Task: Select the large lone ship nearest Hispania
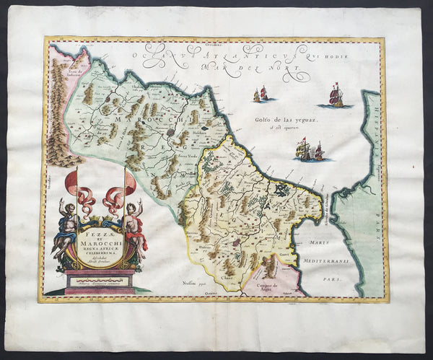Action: (x=336, y=95)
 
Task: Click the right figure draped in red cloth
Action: (x=134, y=227)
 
